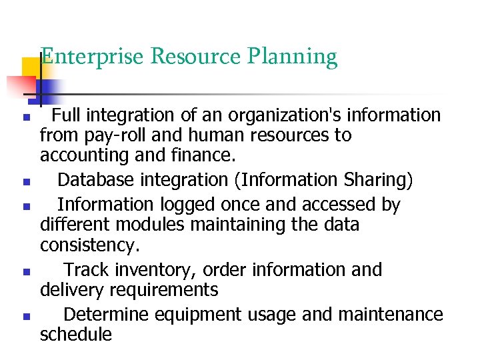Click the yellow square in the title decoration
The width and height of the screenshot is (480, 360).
31,67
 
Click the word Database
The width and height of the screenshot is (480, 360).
95,180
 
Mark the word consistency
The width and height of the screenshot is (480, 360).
90,245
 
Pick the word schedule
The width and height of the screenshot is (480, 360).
76,333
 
